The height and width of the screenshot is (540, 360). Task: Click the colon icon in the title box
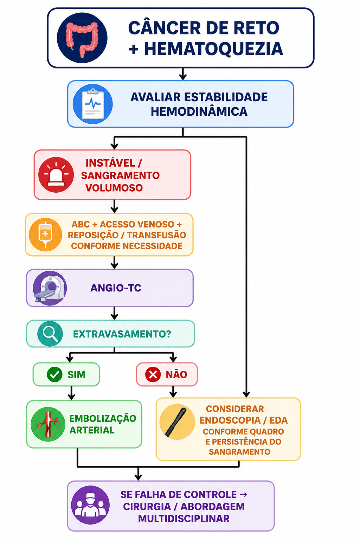pos(82,38)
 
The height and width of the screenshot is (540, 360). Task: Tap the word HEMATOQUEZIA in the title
pos(213,49)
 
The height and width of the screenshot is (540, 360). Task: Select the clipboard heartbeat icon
pos(92,104)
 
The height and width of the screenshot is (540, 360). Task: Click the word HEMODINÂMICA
pos(199,111)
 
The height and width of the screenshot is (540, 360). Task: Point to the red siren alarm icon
pos(56,174)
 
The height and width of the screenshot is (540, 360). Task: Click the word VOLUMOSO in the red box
pos(114,188)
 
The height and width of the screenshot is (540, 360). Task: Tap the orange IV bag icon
pos(45,234)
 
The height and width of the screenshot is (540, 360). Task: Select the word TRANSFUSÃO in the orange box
pos(156,235)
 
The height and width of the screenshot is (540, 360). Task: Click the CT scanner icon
pos(50,288)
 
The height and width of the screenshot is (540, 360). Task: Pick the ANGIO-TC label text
pos(116,288)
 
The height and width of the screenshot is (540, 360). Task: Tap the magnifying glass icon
pos(50,334)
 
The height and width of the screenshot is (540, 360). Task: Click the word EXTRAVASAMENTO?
pos(122,334)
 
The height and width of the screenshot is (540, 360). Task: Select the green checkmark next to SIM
pos(54,374)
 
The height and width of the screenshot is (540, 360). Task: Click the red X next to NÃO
pos(153,374)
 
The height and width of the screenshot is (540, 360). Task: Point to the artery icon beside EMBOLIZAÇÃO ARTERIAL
pos(48,424)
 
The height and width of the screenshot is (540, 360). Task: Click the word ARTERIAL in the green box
pos(92,430)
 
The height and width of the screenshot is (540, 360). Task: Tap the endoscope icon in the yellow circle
pos(177,422)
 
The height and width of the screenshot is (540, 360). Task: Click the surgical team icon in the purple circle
pos(90,505)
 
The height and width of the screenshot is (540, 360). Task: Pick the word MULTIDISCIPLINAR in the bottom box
pos(184,519)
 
